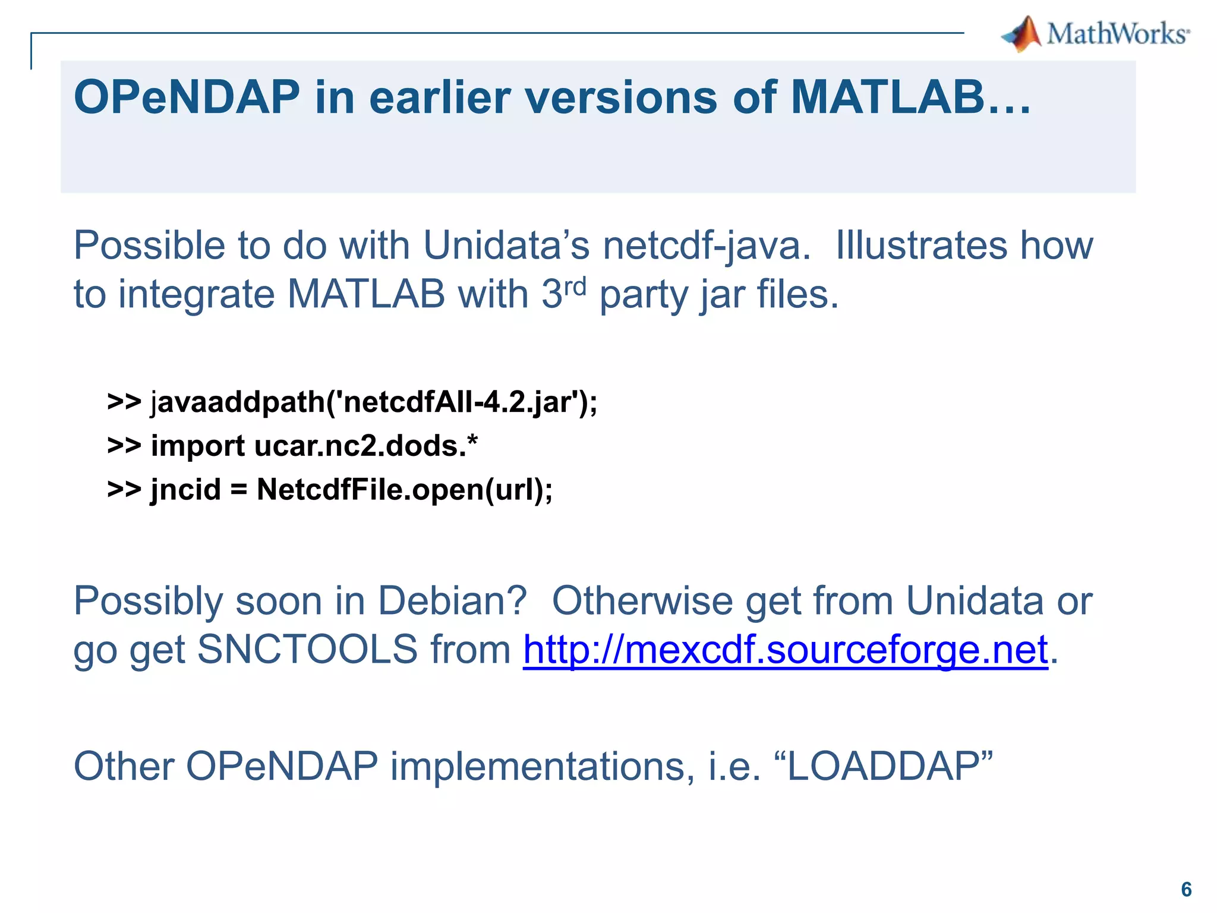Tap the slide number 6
click(x=1186, y=889)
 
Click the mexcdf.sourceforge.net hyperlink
click(x=785, y=649)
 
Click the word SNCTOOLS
click(x=307, y=649)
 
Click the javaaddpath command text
click(x=238, y=402)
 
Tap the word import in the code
click(x=197, y=446)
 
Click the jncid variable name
click(x=185, y=490)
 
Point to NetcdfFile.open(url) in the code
click(x=404, y=490)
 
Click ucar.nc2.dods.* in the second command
click(x=365, y=446)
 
